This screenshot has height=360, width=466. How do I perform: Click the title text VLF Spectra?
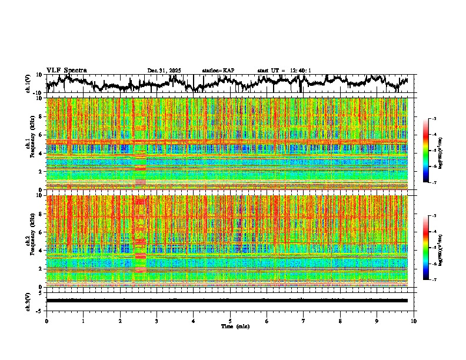pos(66,70)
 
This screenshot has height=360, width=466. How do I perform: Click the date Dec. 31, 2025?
pos(164,71)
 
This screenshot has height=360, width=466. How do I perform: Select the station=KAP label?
pos(218,71)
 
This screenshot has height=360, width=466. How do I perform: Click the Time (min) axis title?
pos(235,326)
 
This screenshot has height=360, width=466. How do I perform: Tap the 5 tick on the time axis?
pos(230,321)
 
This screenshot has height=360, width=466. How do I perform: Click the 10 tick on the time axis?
pos(414,321)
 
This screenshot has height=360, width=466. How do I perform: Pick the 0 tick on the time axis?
pos(46,321)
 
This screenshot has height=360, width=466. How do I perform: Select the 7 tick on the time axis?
pos(304,321)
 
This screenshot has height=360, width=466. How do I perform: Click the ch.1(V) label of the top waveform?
pos(28,84)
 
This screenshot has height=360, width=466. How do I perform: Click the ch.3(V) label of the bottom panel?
pos(28,300)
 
